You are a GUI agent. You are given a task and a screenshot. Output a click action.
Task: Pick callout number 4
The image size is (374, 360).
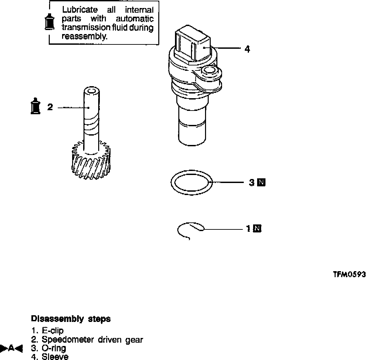click(247, 49)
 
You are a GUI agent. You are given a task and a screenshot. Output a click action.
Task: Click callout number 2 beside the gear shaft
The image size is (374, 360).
click(50, 107)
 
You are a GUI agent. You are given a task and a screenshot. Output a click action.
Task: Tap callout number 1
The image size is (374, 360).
click(248, 229)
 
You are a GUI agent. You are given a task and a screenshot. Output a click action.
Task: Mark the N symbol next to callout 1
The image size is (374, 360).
click(257, 229)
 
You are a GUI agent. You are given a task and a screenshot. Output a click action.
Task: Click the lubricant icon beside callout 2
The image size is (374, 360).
click(35, 107)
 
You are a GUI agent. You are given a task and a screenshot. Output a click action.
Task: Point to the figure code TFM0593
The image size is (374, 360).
click(349, 275)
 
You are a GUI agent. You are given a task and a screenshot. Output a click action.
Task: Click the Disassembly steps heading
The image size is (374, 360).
click(70, 319)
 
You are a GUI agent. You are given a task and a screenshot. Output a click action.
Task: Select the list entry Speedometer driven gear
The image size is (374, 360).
click(92, 340)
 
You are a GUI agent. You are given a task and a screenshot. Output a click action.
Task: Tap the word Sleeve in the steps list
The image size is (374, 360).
click(55, 357)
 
